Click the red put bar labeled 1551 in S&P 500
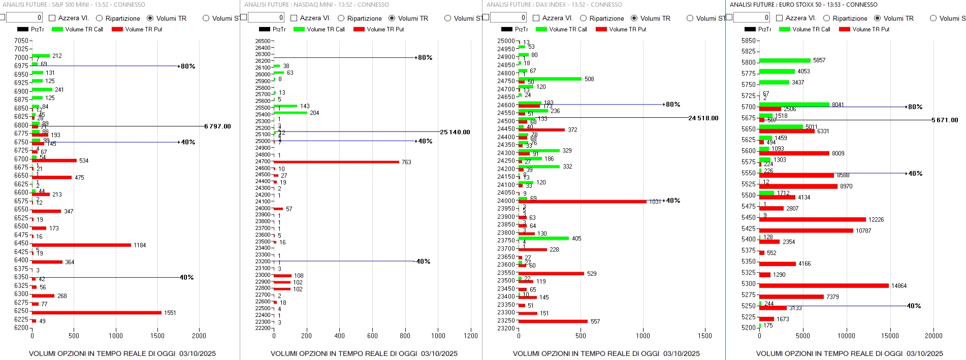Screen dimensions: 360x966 [x=96, y=313]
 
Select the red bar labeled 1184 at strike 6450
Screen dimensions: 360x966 [x=81, y=245]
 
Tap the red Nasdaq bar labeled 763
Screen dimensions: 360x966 [x=336, y=162]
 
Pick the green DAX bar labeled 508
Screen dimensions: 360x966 [x=550, y=79]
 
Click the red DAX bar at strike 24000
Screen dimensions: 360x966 [x=582, y=202]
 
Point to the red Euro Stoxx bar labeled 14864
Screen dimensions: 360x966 [x=824, y=286]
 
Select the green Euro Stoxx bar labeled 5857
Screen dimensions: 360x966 [x=785, y=60]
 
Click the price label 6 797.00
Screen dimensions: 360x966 [x=217, y=126]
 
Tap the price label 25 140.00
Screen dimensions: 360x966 [x=455, y=133]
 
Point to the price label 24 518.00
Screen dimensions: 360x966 [x=703, y=118]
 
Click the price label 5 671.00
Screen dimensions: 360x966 [x=945, y=120]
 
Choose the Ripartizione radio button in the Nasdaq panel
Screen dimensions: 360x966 [x=341, y=18]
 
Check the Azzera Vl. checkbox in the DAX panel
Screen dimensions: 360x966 [x=536, y=18]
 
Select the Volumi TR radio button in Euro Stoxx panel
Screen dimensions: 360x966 [x=877, y=18]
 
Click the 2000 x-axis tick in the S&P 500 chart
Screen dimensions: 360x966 [x=199, y=336]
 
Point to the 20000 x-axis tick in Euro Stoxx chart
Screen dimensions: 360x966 [x=933, y=336]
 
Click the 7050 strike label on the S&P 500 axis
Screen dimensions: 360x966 [x=21, y=41]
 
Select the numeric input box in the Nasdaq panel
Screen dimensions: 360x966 [x=266, y=18]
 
